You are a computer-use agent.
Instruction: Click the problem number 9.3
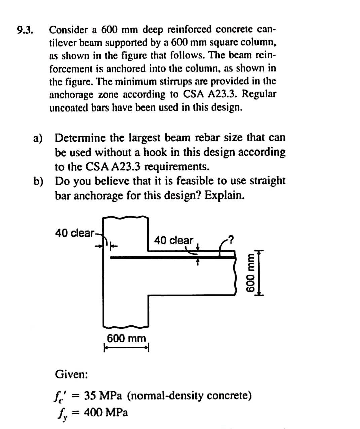(26, 30)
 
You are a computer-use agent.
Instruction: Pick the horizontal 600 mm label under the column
(126, 338)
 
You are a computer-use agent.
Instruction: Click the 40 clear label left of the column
(75, 232)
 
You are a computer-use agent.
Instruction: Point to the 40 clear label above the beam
(173, 240)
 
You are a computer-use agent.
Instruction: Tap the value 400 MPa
(106, 412)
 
